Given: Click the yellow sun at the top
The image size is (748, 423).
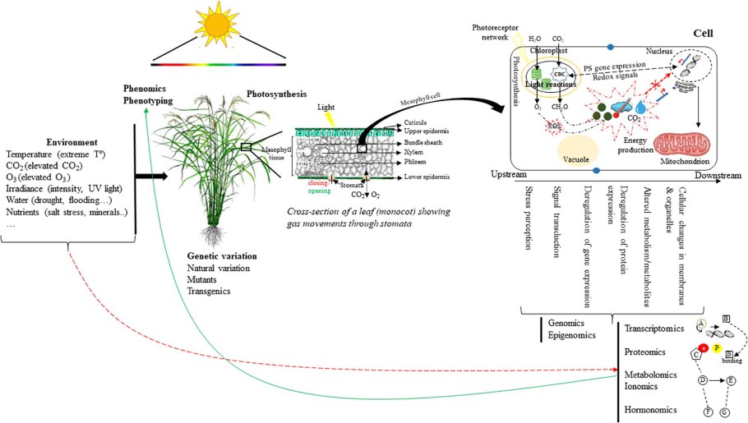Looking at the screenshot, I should tap(218, 28).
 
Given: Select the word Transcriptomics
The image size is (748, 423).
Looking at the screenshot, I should tap(654, 329).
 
